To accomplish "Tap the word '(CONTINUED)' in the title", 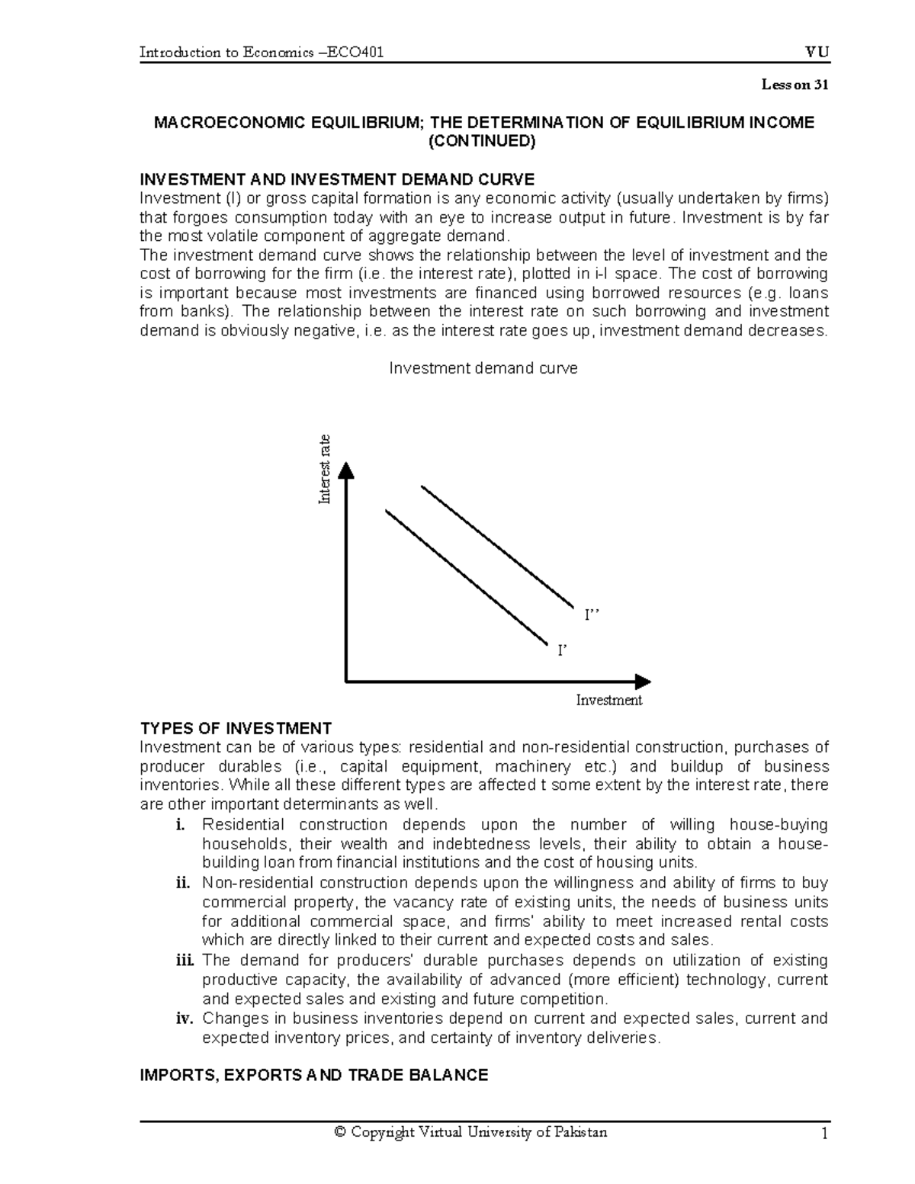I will tap(483, 141).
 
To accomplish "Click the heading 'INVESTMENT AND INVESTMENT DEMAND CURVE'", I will tap(338, 179).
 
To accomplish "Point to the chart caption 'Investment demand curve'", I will tap(483, 368).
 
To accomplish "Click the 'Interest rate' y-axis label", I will tap(325, 469).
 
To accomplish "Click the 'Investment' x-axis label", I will tap(608, 700).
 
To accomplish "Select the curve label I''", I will tap(592, 615).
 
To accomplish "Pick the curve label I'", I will tap(563, 650).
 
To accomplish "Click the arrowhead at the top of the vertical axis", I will tap(346, 470).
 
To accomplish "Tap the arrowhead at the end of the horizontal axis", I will tap(643, 681).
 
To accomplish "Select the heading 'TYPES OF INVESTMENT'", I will tap(236, 727).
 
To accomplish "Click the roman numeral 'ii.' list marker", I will tap(181, 883).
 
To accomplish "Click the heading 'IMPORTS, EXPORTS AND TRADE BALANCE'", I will tap(314, 1076).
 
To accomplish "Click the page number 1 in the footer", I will tap(823, 1134).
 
